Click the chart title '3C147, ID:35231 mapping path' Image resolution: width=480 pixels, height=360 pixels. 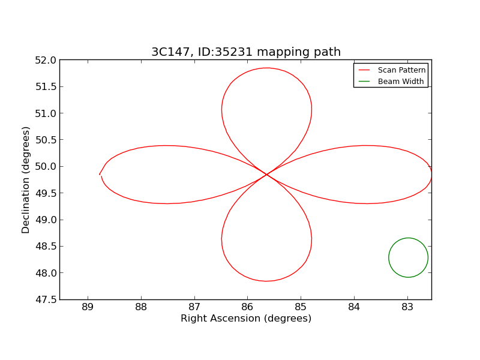click(x=246, y=52)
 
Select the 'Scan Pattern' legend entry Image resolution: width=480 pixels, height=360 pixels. click(x=401, y=70)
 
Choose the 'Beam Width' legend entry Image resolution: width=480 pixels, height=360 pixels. click(x=400, y=82)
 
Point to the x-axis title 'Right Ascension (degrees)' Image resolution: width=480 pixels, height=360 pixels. click(x=246, y=319)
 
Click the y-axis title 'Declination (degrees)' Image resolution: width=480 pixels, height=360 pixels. click(x=26, y=179)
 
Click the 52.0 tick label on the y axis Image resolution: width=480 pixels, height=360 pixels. click(x=46, y=60)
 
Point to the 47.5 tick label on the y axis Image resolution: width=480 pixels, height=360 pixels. click(x=46, y=299)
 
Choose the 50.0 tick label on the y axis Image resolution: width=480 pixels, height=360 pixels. click(x=46, y=166)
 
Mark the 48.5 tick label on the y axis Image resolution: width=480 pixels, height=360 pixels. click(x=46, y=247)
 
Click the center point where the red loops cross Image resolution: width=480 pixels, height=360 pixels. click(x=266, y=175)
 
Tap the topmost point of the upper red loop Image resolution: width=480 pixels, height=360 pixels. click(x=266, y=68)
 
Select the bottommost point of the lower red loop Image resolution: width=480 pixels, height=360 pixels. click(x=266, y=281)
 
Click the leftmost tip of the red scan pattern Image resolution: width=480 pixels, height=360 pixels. click(x=100, y=175)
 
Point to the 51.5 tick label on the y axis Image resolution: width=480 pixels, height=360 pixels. click(x=46, y=86)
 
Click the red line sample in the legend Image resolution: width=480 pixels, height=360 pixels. click(x=364, y=70)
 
